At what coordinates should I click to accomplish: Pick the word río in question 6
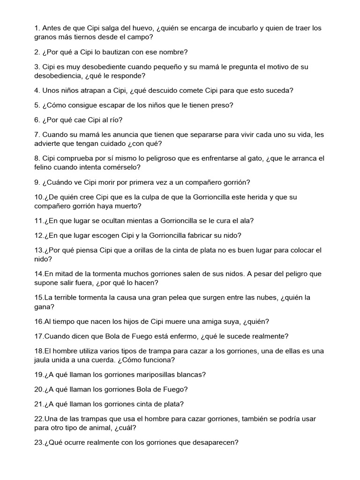point(115,120)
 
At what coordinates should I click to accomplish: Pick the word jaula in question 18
point(44,360)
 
